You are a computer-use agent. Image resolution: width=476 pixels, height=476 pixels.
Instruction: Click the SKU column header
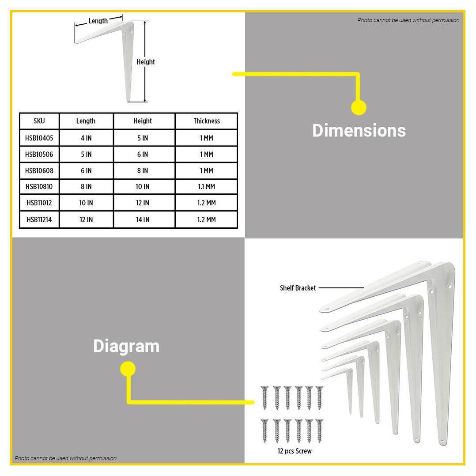(x=39, y=121)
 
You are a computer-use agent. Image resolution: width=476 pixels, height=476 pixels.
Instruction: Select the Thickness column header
(x=207, y=121)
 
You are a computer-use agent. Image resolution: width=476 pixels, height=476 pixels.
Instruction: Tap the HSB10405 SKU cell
(x=39, y=138)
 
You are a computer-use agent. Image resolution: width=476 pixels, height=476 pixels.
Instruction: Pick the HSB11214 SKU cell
(x=39, y=219)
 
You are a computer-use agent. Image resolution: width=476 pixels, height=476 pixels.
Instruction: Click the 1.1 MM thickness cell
(x=207, y=187)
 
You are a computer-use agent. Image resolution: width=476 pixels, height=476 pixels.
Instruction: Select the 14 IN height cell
(x=143, y=219)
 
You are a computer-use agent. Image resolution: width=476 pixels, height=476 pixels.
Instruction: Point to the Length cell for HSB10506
(x=86, y=155)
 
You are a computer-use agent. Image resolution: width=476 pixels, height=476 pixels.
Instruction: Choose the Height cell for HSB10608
(x=143, y=170)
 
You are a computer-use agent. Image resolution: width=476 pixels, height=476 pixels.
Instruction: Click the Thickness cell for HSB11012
(x=207, y=203)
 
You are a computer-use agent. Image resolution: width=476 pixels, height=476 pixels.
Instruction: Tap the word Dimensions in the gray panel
(x=359, y=131)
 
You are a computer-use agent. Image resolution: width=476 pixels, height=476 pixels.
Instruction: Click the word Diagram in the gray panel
(x=126, y=346)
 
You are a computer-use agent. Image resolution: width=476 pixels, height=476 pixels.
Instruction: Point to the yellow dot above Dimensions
(x=359, y=107)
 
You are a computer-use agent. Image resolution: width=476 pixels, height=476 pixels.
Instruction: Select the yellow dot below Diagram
(x=128, y=369)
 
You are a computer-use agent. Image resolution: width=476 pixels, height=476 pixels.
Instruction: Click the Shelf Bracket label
(x=298, y=288)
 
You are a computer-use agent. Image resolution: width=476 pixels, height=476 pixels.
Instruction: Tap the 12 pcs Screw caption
(x=295, y=451)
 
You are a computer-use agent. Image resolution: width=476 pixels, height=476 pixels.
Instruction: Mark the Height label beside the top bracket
(x=146, y=62)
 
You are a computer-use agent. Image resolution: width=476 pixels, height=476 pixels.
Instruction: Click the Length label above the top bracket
(x=98, y=21)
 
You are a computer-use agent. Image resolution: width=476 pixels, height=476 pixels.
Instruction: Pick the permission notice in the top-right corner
(x=408, y=20)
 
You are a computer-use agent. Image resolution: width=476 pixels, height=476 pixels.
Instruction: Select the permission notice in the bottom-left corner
(x=65, y=458)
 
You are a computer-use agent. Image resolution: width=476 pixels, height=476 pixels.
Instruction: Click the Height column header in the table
(x=143, y=121)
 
